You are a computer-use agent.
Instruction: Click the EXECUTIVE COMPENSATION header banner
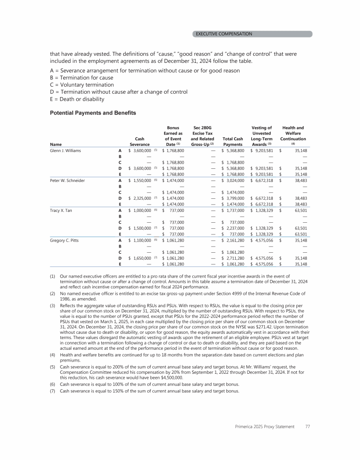tap(253, 34)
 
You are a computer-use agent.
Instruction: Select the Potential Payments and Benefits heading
tap(93, 113)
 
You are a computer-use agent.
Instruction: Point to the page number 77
tap(307, 427)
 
